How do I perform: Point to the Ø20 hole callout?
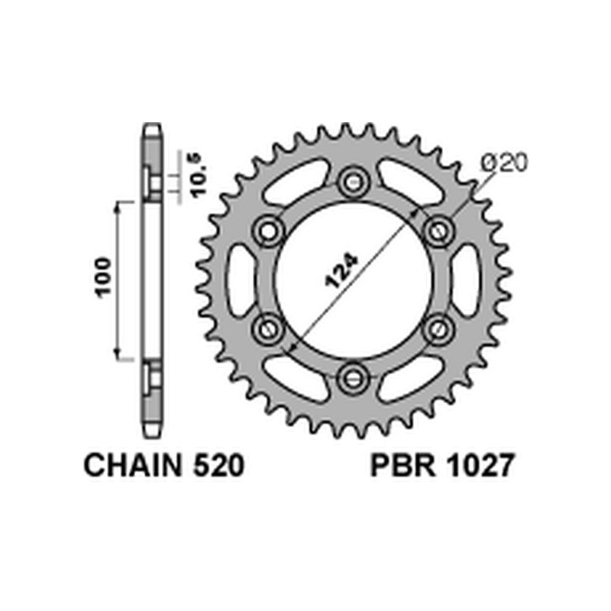pyautogui.click(x=504, y=163)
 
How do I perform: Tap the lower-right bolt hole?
pyautogui.click(x=437, y=328)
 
